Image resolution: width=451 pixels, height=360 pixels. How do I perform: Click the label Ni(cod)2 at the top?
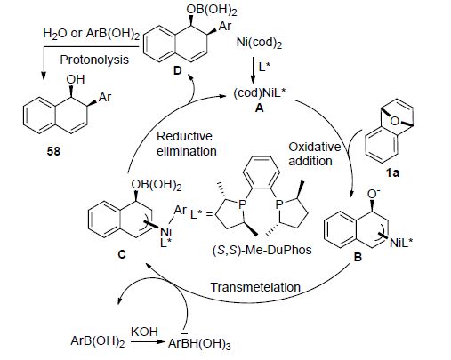tap(259, 43)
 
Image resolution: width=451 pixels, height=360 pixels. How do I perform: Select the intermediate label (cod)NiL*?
tap(259, 93)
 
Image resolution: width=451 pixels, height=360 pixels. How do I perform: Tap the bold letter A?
tap(259, 108)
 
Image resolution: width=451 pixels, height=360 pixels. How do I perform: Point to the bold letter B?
tap(358, 257)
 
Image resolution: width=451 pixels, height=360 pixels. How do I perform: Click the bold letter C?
tap(122, 254)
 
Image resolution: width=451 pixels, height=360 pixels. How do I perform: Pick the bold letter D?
tap(177, 70)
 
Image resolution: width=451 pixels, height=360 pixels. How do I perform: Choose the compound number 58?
tap(53, 151)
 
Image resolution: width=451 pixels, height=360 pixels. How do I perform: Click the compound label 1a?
tap(392, 172)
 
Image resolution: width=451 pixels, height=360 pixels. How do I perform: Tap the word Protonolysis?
tap(94, 60)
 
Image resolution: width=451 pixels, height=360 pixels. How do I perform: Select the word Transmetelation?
tap(255, 287)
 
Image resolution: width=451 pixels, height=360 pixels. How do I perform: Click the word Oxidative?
tap(315, 147)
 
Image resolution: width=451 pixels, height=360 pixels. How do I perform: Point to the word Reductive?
tap(184, 136)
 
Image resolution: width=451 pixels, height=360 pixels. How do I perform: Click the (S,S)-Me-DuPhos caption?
tap(262, 251)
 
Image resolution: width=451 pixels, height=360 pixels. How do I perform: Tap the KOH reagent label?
tap(144, 332)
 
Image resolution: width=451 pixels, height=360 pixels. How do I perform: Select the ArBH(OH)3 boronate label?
tap(199, 343)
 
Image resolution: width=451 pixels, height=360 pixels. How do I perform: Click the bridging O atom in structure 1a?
tap(394, 121)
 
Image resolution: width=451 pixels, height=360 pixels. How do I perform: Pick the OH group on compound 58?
tap(76, 79)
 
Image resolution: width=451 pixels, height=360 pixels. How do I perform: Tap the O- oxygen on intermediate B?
tap(374, 193)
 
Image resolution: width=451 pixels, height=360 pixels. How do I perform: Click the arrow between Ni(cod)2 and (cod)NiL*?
tap(253, 69)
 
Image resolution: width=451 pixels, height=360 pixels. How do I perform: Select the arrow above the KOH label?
tap(148, 341)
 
